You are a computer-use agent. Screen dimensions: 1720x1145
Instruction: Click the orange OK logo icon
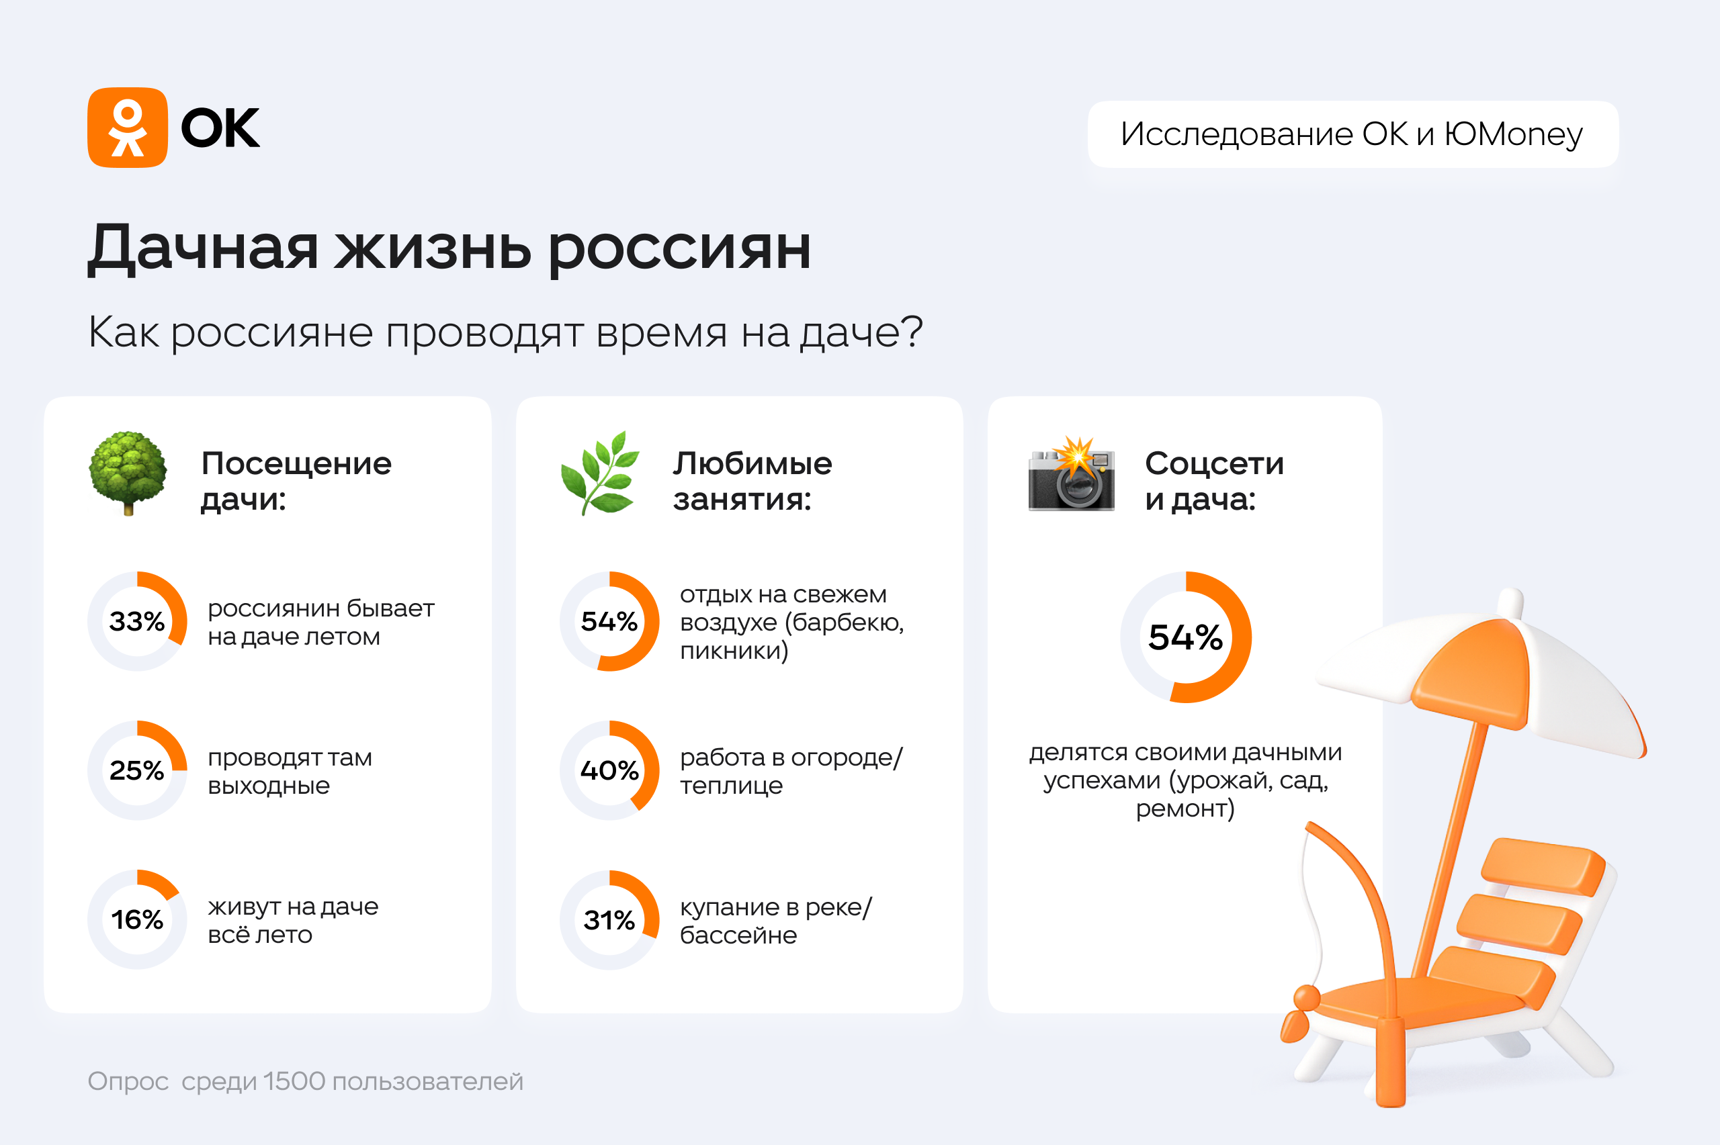click(x=128, y=128)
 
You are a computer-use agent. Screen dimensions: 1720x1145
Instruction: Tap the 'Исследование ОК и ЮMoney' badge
click(x=1352, y=134)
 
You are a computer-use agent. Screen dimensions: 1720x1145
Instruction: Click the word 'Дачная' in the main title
click(x=203, y=248)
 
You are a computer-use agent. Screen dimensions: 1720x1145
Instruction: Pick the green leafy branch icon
click(x=599, y=473)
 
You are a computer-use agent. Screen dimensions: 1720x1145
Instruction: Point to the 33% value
click(x=136, y=621)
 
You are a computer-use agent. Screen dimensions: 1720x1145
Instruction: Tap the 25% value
click(x=136, y=770)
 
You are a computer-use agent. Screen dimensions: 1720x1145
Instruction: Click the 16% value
click(x=136, y=919)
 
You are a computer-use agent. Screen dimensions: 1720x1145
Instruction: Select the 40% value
click(x=609, y=770)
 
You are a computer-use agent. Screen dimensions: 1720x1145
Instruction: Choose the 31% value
click(x=609, y=920)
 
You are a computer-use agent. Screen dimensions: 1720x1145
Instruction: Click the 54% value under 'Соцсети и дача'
click(x=1185, y=637)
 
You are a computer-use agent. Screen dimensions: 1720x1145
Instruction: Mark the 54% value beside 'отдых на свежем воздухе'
click(x=609, y=621)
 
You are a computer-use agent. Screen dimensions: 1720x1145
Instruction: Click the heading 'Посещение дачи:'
click(x=296, y=482)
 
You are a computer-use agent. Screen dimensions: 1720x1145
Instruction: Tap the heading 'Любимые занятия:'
click(x=752, y=482)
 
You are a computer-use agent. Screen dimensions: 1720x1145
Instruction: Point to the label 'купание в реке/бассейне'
click(x=775, y=921)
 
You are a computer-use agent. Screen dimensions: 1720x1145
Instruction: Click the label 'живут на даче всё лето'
click(x=293, y=920)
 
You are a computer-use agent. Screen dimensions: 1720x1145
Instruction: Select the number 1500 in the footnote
click(x=294, y=1081)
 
